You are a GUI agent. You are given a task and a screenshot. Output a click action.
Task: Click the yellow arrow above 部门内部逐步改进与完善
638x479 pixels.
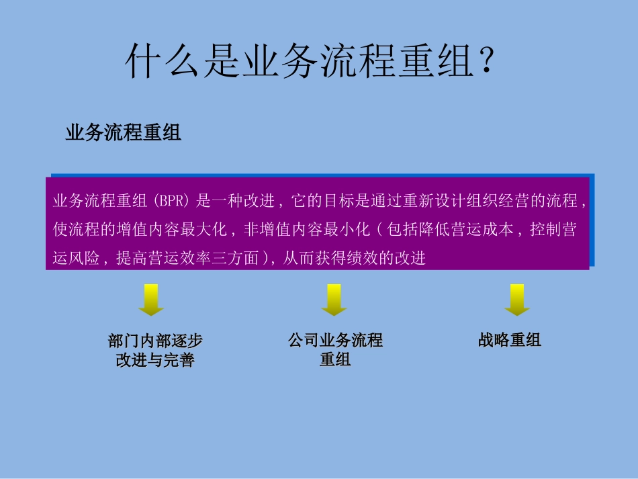[151, 300]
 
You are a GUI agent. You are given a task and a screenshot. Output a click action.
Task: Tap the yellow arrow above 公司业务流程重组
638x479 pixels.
[334, 300]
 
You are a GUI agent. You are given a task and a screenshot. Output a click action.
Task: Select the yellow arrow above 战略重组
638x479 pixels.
[517, 300]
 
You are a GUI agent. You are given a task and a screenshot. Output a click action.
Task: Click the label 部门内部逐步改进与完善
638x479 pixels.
[155, 350]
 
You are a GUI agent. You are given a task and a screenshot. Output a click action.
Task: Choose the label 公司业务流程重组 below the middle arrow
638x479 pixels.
[335, 349]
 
